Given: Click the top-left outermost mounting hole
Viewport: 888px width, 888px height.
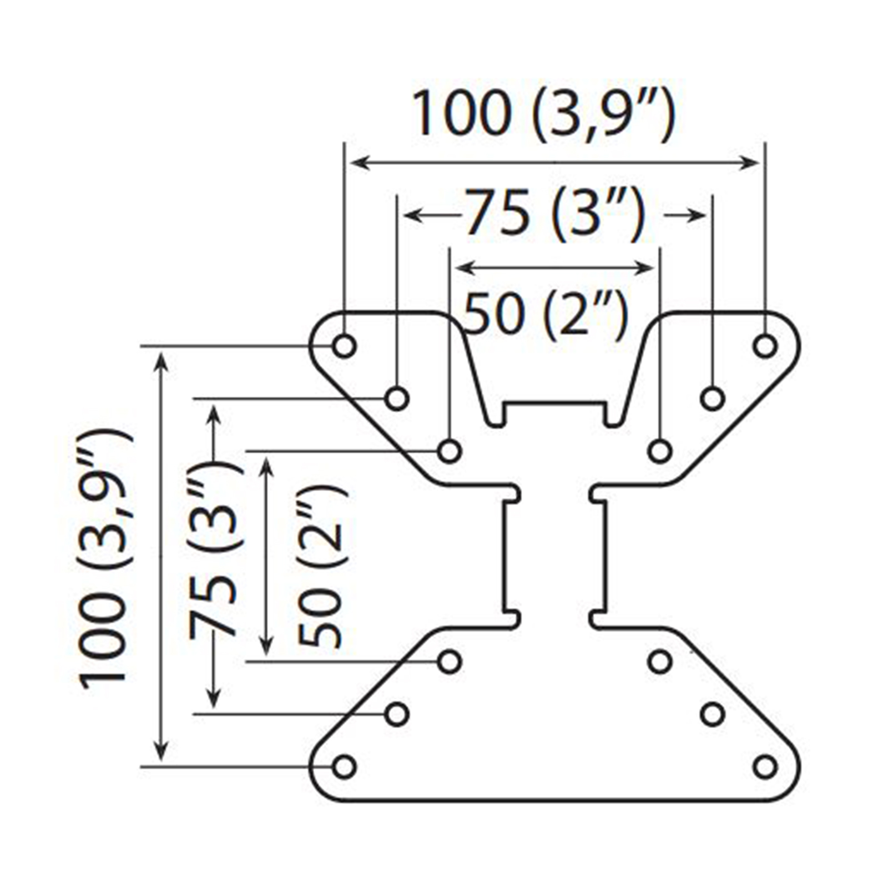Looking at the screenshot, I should [x=344, y=346].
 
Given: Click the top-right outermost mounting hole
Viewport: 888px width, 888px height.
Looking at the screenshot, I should [x=765, y=346].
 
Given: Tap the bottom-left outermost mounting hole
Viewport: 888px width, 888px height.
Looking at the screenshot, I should [x=344, y=766].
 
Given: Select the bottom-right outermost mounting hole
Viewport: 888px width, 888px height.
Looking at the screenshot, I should [x=765, y=766].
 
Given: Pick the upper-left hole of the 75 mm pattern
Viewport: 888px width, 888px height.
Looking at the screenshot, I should [x=397, y=398].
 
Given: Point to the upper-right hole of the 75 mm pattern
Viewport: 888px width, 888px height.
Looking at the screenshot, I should [x=713, y=398].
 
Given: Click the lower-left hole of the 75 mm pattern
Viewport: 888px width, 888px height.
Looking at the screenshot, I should [x=397, y=714].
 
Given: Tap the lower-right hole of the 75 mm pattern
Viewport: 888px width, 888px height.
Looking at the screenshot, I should [x=713, y=714].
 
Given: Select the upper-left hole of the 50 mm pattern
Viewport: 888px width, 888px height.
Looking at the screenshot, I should [x=450, y=451].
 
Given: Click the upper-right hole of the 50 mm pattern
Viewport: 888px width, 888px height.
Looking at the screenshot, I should [x=660, y=451].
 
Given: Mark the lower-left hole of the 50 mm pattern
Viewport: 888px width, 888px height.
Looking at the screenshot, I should [x=450, y=662].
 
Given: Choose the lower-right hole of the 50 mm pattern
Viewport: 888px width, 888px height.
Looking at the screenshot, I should [x=660, y=662].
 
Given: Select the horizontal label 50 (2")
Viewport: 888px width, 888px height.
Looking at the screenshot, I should [x=546, y=314].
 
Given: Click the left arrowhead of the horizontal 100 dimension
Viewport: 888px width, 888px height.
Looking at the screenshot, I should [x=359, y=163].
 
